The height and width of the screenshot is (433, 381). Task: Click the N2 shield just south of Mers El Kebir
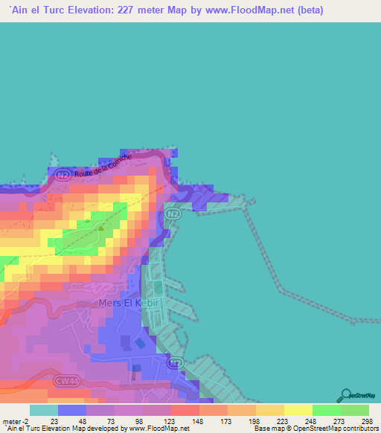point(175,362)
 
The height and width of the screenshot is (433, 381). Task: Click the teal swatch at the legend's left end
point(43,410)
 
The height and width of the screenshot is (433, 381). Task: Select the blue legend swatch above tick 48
point(72,410)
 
